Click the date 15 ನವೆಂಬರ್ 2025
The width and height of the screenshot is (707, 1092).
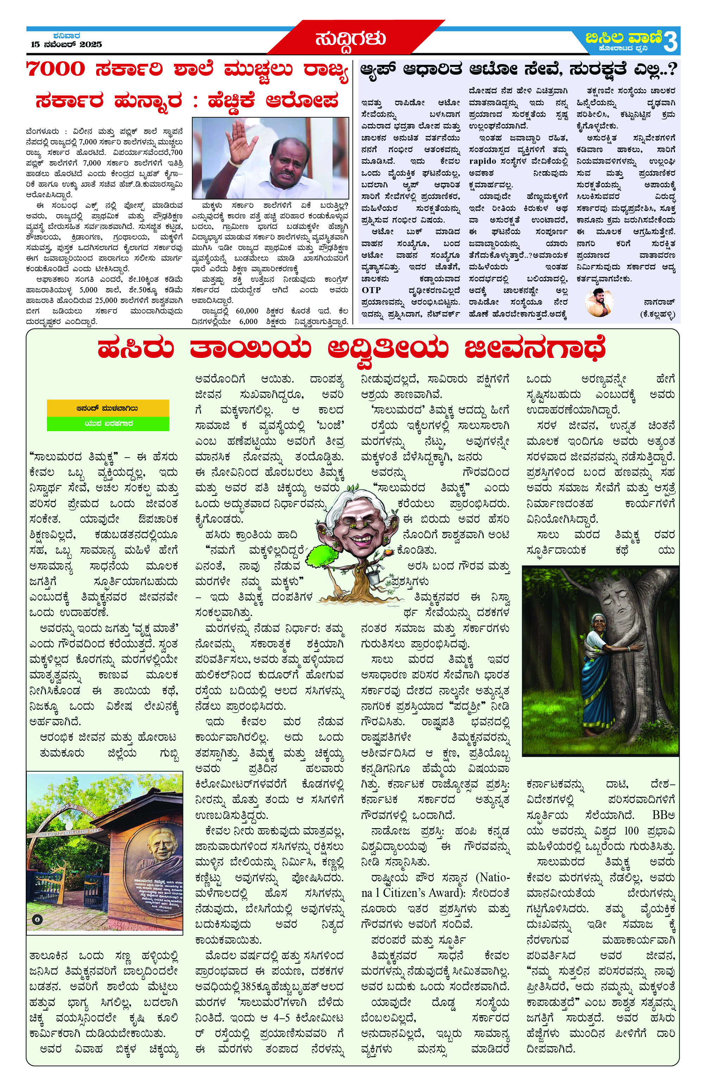(66, 44)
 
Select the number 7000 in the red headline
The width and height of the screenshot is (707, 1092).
(56, 70)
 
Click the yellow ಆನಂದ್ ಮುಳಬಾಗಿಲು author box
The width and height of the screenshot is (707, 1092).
(108, 408)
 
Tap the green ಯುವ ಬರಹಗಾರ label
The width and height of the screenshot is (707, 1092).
(108, 423)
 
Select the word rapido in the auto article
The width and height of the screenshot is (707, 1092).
(482, 161)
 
